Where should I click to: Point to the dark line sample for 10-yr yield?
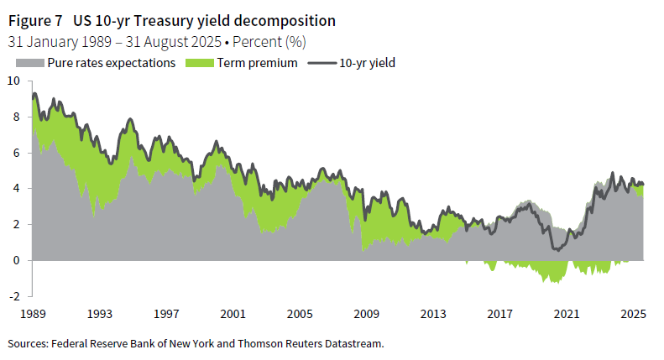320,62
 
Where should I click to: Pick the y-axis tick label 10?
13,81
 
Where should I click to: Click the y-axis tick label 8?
17,117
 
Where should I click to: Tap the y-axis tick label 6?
17,154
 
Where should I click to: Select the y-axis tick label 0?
17,261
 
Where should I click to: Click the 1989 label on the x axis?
33,313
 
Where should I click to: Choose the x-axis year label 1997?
166,313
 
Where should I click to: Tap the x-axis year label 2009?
367,313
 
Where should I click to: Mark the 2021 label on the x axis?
567,313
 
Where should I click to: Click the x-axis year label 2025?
633,313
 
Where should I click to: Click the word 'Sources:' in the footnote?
29,344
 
